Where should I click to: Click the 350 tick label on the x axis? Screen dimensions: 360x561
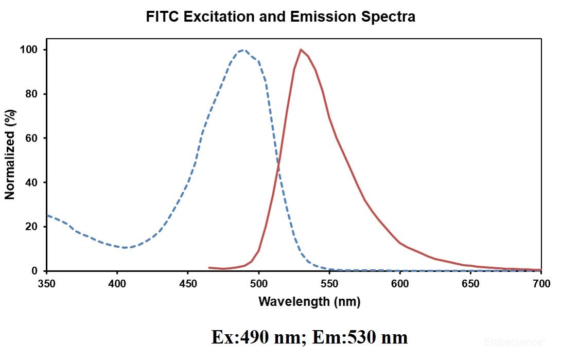46,283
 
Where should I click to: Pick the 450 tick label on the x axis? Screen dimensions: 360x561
188,283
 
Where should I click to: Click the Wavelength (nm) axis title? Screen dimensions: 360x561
309,301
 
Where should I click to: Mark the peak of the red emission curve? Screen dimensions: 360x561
301,50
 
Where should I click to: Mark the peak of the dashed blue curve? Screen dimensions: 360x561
243,50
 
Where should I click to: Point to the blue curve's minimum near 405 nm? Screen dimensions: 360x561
125,248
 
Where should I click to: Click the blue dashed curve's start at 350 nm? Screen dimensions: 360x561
47,215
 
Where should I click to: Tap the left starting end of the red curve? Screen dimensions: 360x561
209,268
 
